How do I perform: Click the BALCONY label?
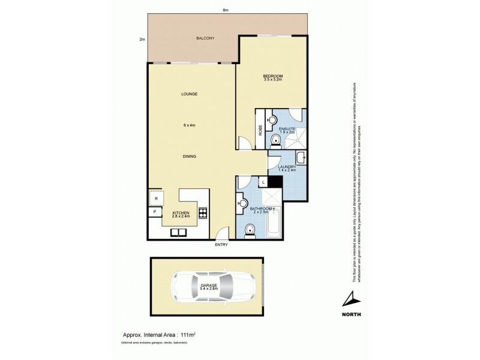pyautogui.click(x=205, y=38)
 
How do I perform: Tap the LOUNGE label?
pyautogui.click(x=191, y=94)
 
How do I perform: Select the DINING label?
pyautogui.click(x=190, y=156)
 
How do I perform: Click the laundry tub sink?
pyautogui.click(x=302, y=160)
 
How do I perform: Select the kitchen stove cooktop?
pyautogui.click(x=203, y=212)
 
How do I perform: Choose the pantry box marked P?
pyautogui.click(x=154, y=212)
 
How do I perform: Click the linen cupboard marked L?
pyautogui.click(x=262, y=182)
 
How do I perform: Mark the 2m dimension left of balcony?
pyautogui.click(x=142, y=40)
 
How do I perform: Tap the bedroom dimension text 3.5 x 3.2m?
pyautogui.click(x=272, y=79)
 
